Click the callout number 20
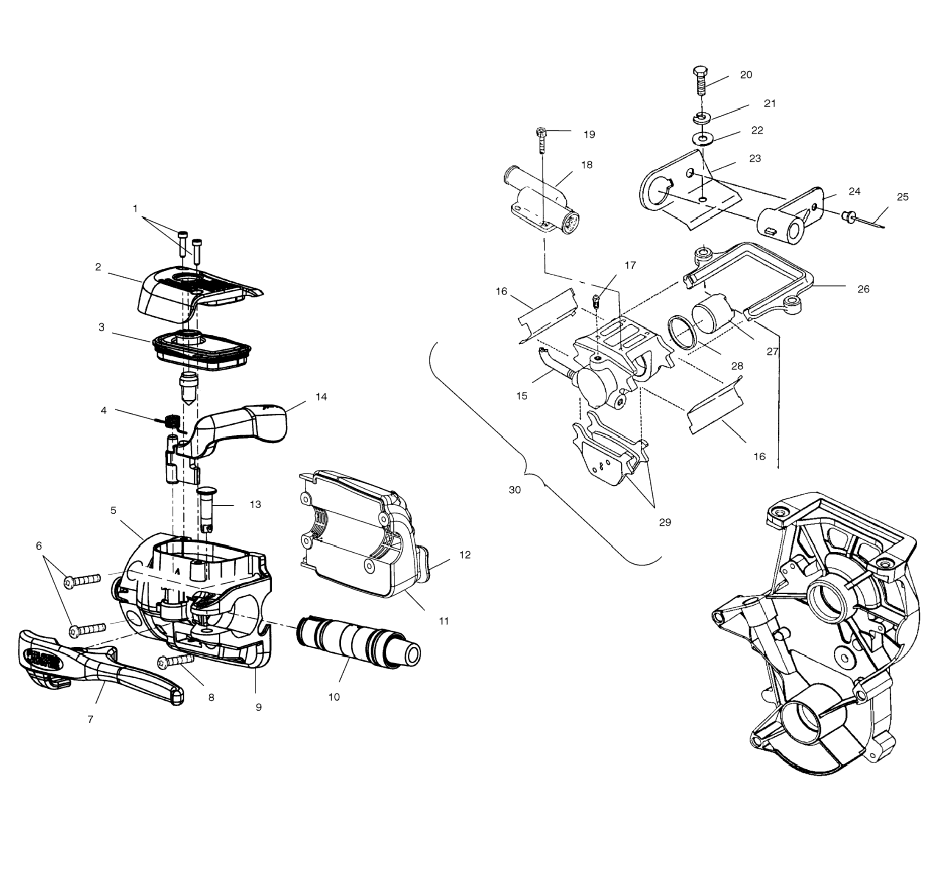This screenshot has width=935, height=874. (746, 75)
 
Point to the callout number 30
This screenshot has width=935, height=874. (515, 490)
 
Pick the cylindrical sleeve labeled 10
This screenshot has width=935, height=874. (357, 647)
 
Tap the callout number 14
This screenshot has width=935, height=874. (321, 397)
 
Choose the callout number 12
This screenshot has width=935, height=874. (465, 555)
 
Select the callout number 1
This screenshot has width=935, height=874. (136, 209)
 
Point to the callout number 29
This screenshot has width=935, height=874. (665, 522)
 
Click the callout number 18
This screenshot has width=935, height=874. (587, 165)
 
